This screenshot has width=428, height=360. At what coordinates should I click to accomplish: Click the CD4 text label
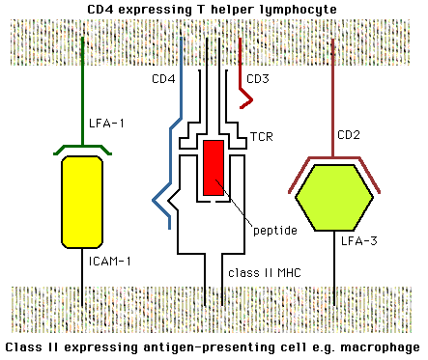click(161, 78)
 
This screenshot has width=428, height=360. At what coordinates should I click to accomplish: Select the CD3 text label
click(259, 78)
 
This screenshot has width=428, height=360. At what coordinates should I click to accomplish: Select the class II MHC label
click(263, 273)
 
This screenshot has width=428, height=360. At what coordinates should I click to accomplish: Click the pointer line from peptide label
click(231, 200)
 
